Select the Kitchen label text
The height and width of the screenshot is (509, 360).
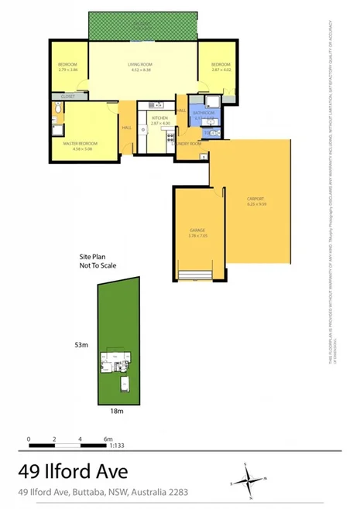point(159,120)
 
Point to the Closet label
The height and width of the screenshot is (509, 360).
point(68,97)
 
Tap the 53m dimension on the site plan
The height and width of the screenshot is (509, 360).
point(81,343)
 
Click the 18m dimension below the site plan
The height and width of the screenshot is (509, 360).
point(116,412)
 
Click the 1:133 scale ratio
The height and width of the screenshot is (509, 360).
point(116,446)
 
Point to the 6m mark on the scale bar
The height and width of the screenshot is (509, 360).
point(108,439)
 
